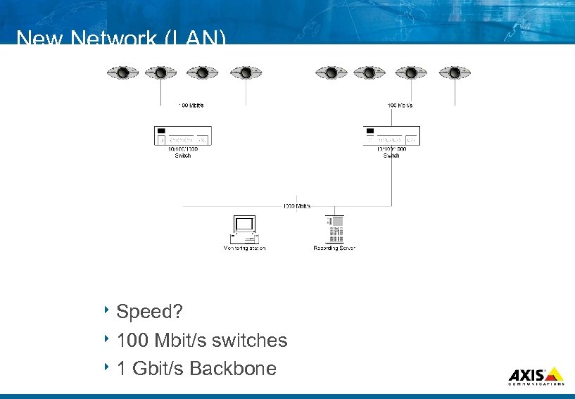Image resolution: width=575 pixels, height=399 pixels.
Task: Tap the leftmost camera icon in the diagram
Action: coord(123,72)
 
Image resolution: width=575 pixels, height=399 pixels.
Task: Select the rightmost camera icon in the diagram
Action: coord(455,72)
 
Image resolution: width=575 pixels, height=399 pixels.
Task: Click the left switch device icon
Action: coord(182,135)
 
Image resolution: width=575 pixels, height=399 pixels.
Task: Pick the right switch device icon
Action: coord(391,135)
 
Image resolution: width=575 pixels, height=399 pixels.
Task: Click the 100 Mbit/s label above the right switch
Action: coord(400,106)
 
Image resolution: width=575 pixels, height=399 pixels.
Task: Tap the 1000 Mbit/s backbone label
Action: coord(297,206)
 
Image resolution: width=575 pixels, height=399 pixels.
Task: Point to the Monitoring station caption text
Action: coord(244,248)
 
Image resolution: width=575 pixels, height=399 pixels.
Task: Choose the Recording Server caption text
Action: coord(334,248)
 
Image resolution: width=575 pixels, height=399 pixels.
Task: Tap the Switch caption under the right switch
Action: coord(391,156)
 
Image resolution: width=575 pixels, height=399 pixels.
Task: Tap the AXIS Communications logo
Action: coord(536,376)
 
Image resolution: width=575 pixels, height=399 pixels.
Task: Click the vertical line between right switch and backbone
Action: coord(391,183)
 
